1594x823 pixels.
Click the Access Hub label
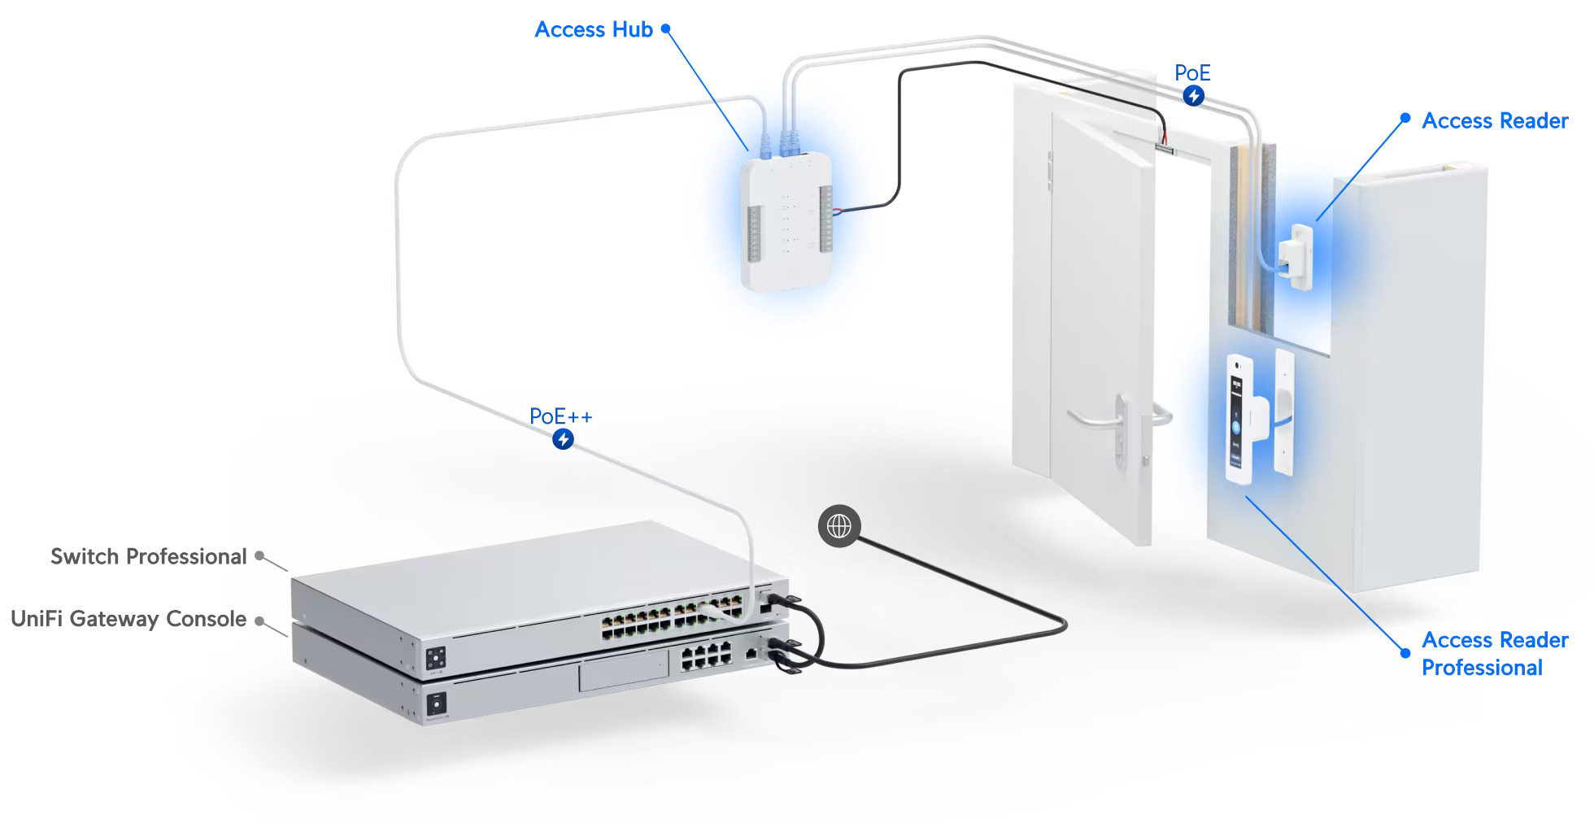pyautogui.click(x=594, y=30)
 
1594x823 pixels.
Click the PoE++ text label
pyautogui.click(x=560, y=416)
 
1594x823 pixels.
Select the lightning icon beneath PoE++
pyautogui.click(x=563, y=440)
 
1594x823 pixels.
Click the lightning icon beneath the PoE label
pyautogui.click(x=1193, y=96)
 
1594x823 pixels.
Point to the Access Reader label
pyautogui.click(x=1495, y=121)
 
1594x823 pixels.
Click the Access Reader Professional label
pyautogui.click(x=1494, y=654)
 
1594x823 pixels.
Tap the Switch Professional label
pyautogui.click(x=148, y=557)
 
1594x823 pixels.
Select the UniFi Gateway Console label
pyautogui.click(x=128, y=619)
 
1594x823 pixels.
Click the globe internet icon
pyautogui.click(x=838, y=526)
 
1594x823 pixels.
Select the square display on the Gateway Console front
pyautogui.click(x=437, y=703)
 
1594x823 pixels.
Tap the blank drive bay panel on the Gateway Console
pyautogui.click(x=624, y=673)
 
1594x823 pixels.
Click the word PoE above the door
pyautogui.click(x=1192, y=73)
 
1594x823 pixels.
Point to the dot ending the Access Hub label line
pyautogui.click(x=665, y=28)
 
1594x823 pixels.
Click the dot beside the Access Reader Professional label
pyautogui.click(x=1405, y=652)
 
